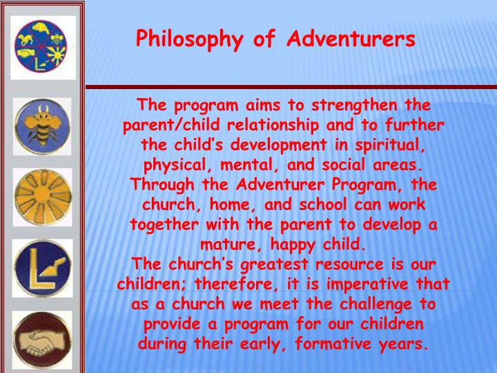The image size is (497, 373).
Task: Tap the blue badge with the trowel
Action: click(x=43, y=267)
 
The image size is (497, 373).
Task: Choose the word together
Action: click(x=162, y=226)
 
